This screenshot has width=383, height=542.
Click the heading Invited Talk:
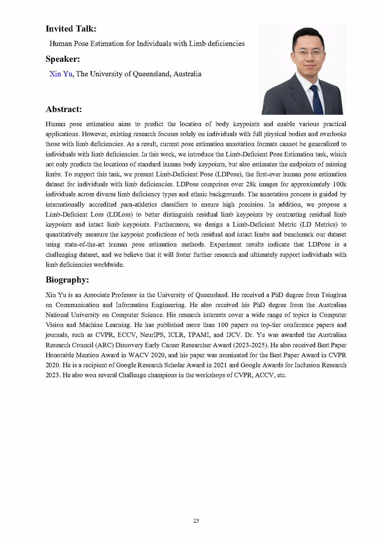tap(71, 29)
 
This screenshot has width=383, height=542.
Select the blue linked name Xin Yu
tap(61, 74)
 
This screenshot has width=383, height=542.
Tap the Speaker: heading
tap(63, 59)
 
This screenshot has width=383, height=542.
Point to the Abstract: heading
tap(64, 109)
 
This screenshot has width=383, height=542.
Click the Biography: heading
tap(67, 280)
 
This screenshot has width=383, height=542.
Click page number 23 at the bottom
tap(196, 521)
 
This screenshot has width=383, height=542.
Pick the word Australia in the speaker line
tap(187, 74)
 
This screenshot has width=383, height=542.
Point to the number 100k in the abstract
tap(339, 184)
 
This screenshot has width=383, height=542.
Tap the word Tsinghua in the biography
tap(334, 295)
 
